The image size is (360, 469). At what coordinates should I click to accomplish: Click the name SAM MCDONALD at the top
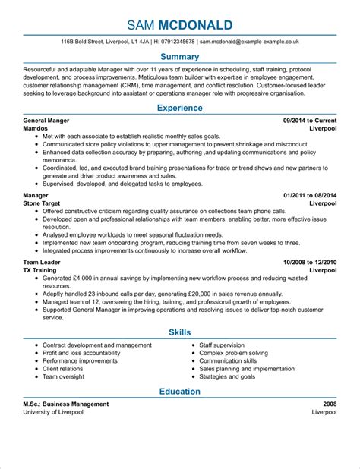click(x=180, y=24)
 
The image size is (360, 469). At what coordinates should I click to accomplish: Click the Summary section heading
click(x=180, y=57)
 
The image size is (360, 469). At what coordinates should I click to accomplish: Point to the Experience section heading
click(x=180, y=109)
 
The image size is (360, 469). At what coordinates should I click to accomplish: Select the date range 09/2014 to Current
click(x=309, y=121)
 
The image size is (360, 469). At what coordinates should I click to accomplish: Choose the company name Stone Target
click(x=44, y=204)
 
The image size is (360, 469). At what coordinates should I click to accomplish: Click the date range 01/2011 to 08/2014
click(x=310, y=196)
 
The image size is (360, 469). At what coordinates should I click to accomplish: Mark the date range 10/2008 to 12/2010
click(x=310, y=262)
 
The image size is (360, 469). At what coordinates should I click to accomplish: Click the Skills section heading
click(x=180, y=332)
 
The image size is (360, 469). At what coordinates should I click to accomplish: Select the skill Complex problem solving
click(x=233, y=353)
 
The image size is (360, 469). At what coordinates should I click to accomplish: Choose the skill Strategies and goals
click(x=228, y=376)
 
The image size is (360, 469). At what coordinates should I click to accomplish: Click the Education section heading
click(x=180, y=392)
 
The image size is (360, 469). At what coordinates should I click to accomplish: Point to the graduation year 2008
click(x=328, y=404)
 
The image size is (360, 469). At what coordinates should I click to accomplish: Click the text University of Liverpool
click(x=53, y=413)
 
